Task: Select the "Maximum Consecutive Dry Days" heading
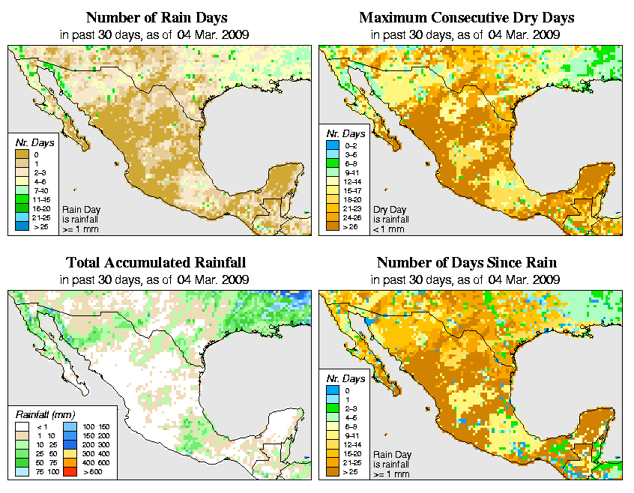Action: coord(466,17)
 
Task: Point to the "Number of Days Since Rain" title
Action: coord(466,262)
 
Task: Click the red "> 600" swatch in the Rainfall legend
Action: coord(68,472)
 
